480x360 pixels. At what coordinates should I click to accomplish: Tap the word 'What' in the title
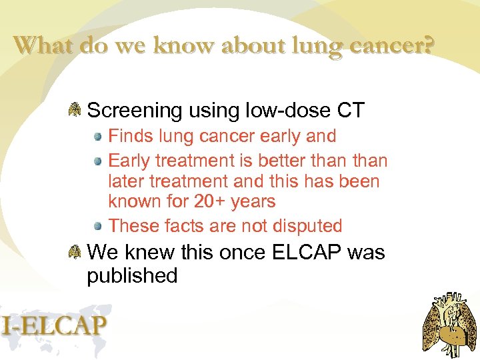click(43, 45)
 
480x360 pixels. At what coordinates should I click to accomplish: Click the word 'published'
click(132, 275)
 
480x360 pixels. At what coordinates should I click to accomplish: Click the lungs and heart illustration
click(450, 325)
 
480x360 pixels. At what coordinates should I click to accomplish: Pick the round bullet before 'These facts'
click(98, 225)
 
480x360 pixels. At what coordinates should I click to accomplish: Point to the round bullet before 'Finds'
click(98, 137)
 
